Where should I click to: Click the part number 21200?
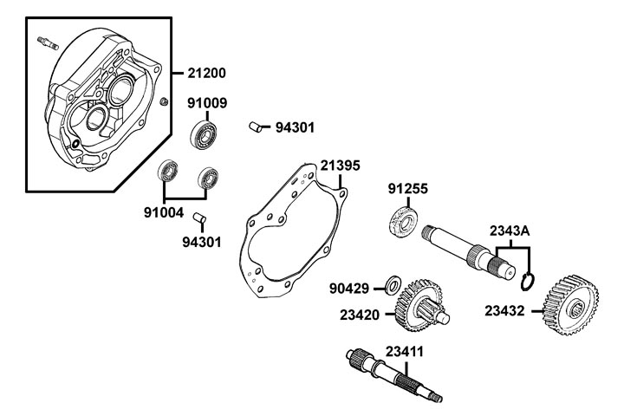pos(205,71)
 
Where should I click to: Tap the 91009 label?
pos(207,103)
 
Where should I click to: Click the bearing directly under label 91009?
pos(204,133)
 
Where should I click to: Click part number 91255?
pos(407,188)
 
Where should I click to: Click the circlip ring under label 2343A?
pos(531,282)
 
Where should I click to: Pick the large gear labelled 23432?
pos(567,304)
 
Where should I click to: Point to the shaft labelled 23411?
pos(395,374)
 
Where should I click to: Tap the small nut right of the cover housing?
pos(163,103)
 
